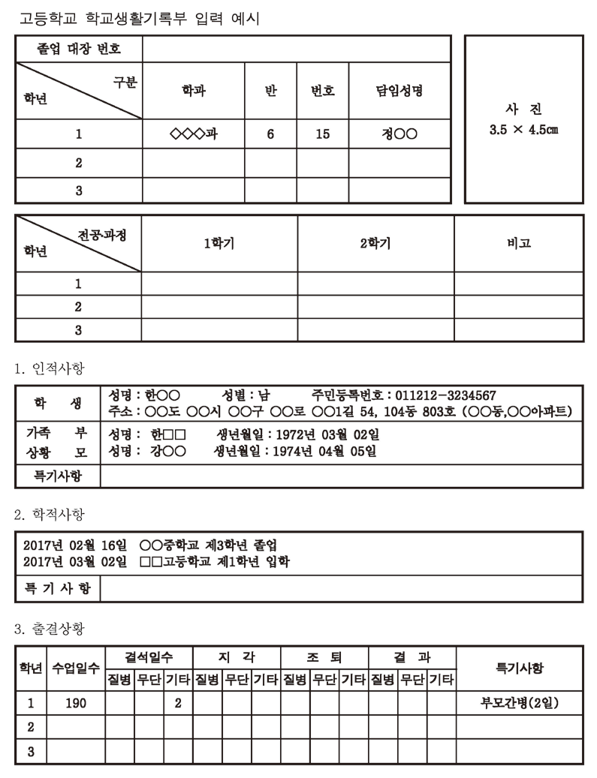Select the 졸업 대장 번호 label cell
pos(79,50)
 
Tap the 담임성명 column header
pos(400,92)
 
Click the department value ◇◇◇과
pos(194,135)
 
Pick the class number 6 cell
pos(270,135)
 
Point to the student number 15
pos(323,135)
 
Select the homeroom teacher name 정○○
pos(400,135)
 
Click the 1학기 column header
pos(219,244)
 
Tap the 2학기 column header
pos(375,244)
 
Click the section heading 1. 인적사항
pos(50,368)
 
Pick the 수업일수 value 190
pos(76,704)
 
